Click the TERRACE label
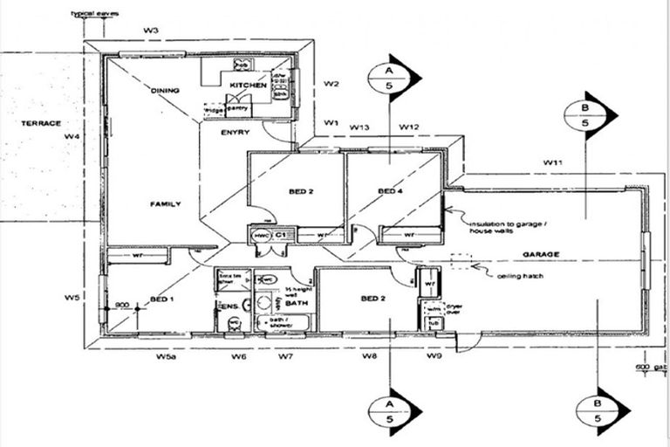point(41,123)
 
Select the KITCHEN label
point(248,85)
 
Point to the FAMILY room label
point(165,203)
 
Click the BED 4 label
point(389,191)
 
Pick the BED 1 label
point(162,299)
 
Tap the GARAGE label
point(540,254)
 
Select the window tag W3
point(151,31)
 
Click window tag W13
point(359,127)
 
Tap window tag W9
point(434,357)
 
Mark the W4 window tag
point(72,137)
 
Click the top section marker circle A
point(390,78)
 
